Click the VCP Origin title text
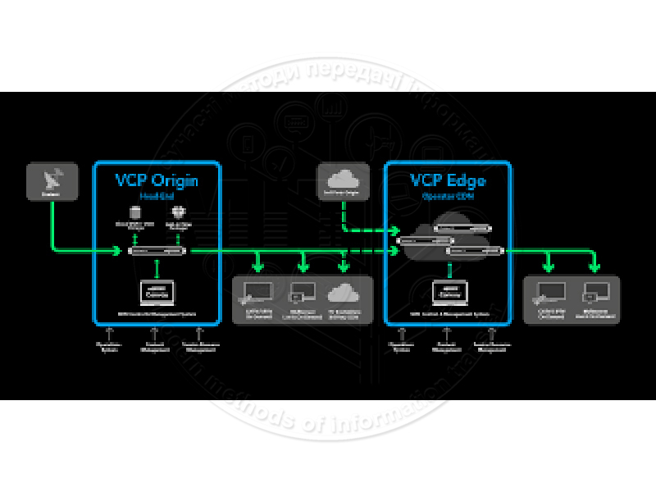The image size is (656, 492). tap(157, 180)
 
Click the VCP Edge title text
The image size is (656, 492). tap(448, 180)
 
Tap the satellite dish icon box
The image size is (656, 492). tap(52, 180)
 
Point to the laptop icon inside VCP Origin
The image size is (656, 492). tap(156, 293)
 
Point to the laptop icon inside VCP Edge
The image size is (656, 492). tap(449, 293)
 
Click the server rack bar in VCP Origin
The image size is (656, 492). tap(157, 251)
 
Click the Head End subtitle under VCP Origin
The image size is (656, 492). tap(157, 196)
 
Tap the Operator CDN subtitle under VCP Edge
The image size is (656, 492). tap(448, 197)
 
